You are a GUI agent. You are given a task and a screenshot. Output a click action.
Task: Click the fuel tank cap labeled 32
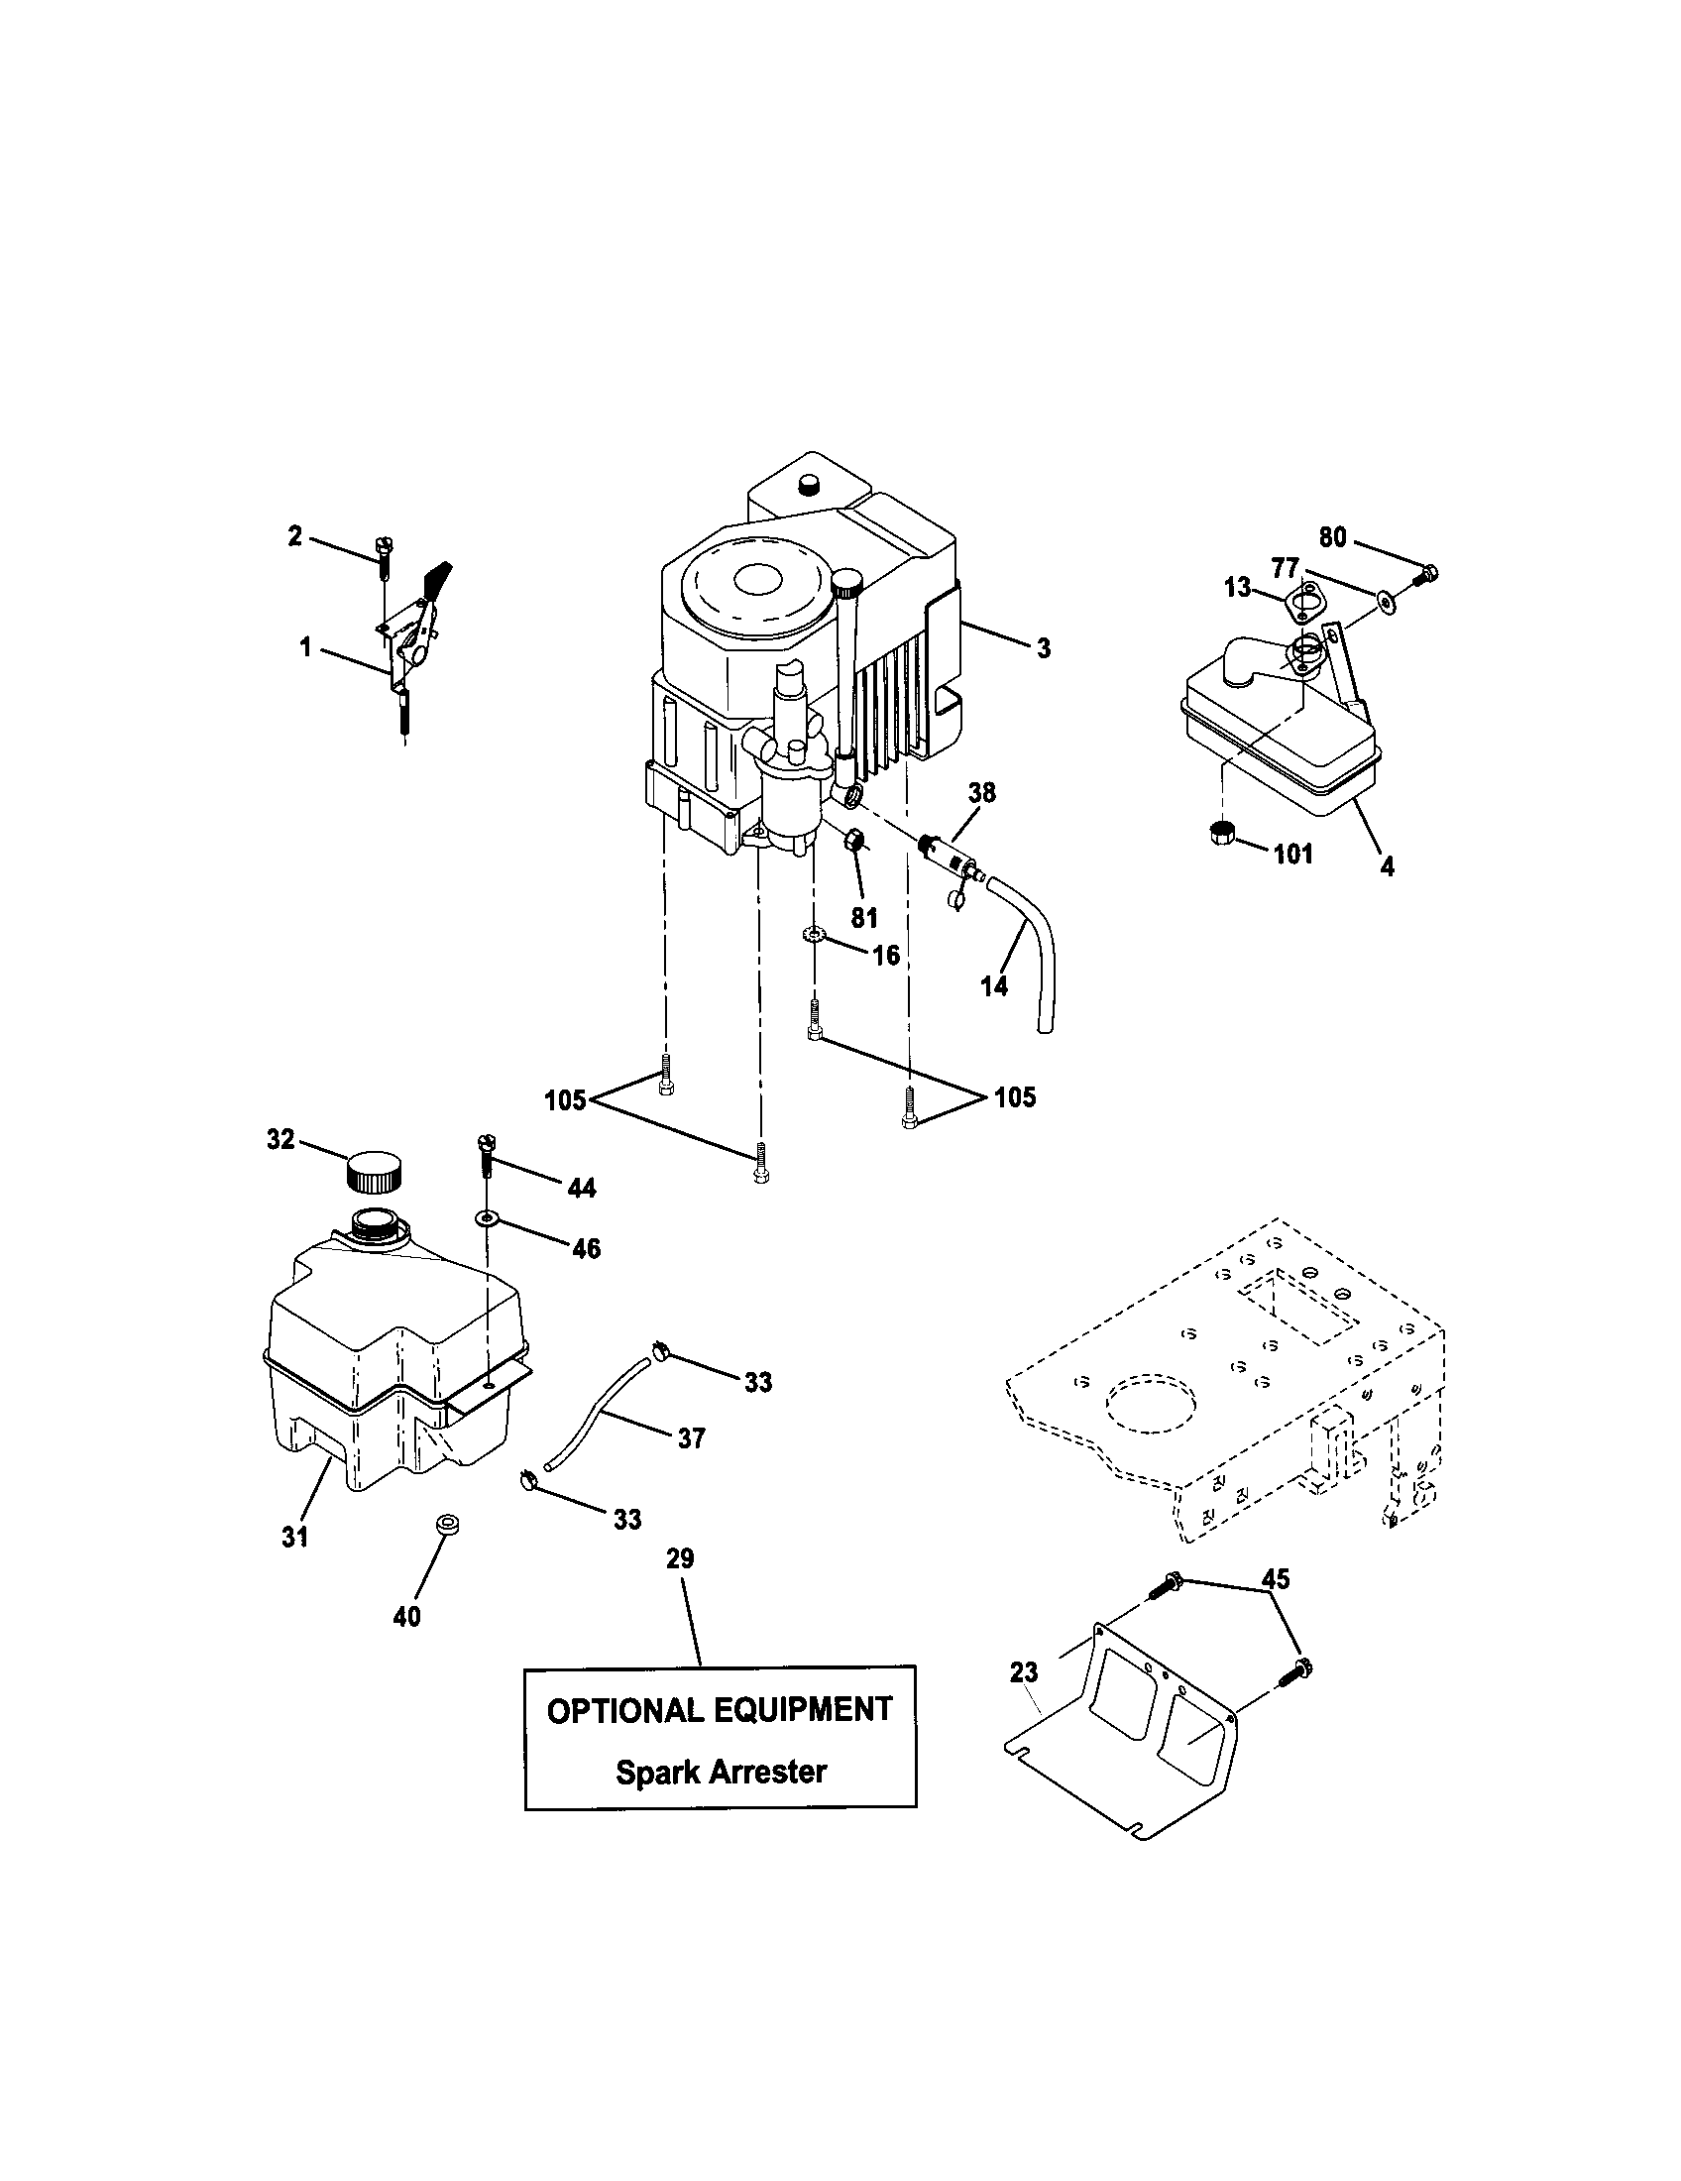pos(375,1172)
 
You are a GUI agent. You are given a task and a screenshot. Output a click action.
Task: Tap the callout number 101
pos(1292,854)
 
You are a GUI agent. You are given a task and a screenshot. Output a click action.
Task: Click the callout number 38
pos(982,793)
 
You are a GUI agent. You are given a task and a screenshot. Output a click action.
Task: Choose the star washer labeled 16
pos(815,936)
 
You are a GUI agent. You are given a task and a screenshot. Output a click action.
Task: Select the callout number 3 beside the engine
pos(1043,648)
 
